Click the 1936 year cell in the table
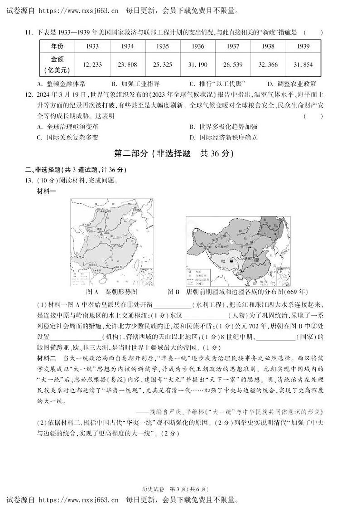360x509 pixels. point(198,46)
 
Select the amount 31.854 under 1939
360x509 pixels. point(303,65)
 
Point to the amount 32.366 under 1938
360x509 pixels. point(268,65)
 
